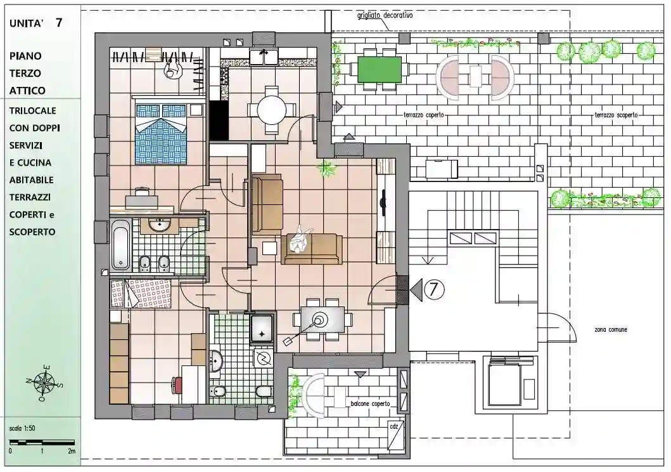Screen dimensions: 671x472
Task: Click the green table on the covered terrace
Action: (379, 70)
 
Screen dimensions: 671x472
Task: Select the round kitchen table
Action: (271, 110)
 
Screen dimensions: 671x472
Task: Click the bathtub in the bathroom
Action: (120, 244)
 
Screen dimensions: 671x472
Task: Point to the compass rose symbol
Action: (43, 383)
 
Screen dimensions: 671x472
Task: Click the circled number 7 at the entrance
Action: (434, 290)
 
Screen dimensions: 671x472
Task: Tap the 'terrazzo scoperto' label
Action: (617, 115)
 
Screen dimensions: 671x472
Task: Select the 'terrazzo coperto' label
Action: (424, 115)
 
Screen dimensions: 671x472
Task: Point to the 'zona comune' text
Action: (611, 329)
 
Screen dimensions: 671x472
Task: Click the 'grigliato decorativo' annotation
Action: (385, 15)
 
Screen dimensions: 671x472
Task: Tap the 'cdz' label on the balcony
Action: (393, 426)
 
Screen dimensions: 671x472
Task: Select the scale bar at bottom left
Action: (42, 442)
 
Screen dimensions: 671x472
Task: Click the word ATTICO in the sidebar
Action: (27, 90)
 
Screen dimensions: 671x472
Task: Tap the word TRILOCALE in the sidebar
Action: (33, 110)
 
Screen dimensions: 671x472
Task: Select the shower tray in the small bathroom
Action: (262, 329)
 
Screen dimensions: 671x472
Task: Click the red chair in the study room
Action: (177, 384)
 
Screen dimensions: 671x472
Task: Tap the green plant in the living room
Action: (326, 168)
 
